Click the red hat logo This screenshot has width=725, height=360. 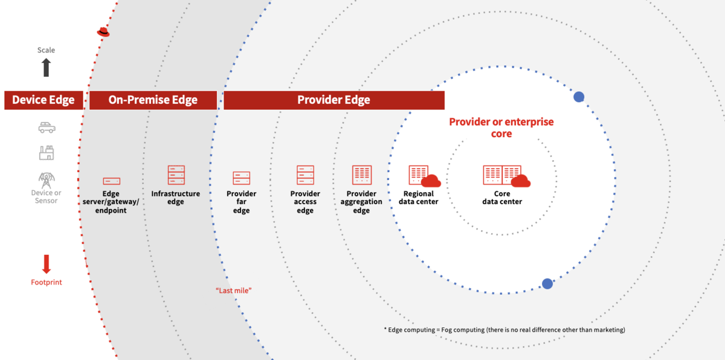tap(103, 32)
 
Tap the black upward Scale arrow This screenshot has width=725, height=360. tap(47, 67)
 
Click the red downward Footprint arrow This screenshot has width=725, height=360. tap(47, 264)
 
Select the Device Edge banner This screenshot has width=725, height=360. tap(43, 100)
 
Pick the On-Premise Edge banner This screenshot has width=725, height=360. tap(153, 100)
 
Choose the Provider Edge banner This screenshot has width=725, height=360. tap(333, 100)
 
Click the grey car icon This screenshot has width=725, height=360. tap(47, 128)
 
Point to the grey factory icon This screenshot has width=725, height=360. tap(47, 153)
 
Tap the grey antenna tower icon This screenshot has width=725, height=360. tap(47, 179)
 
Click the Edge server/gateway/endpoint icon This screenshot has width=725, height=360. tap(111, 181)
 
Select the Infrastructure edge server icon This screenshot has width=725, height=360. tap(176, 175)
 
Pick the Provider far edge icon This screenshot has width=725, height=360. tap(242, 178)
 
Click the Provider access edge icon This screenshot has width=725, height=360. tap(305, 175)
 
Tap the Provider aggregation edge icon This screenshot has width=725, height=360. tap(361, 175)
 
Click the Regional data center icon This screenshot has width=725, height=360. tap(423, 176)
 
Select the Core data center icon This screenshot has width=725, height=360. tap(505, 176)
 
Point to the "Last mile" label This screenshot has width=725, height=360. tap(233, 291)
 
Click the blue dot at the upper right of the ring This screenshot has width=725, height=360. tap(579, 97)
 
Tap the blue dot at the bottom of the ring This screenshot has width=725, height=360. tap(547, 283)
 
